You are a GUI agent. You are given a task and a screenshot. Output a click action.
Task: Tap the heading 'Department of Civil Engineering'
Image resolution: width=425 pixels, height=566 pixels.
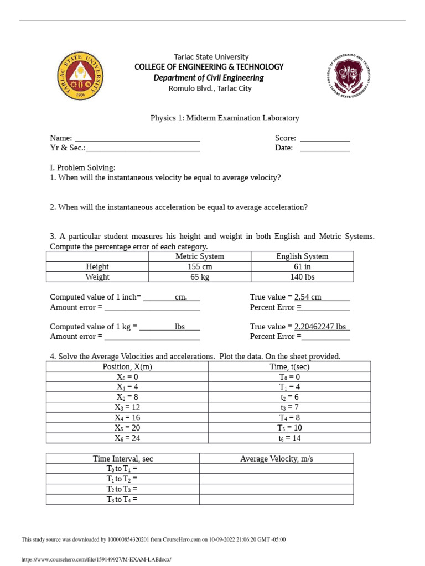[209, 78]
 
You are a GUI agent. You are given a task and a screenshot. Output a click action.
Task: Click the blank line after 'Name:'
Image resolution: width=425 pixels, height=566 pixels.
[137, 138]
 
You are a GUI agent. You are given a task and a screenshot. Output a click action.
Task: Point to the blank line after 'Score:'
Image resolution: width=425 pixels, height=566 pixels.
[324, 138]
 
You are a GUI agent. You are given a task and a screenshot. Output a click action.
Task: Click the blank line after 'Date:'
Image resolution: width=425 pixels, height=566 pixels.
[324, 148]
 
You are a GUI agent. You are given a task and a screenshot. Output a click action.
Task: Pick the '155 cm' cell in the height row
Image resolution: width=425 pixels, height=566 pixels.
[200, 266]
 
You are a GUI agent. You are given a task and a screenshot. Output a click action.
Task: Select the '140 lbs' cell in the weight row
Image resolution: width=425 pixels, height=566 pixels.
[302, 277]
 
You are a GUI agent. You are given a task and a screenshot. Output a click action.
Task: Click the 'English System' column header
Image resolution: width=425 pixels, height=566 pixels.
[302, 256]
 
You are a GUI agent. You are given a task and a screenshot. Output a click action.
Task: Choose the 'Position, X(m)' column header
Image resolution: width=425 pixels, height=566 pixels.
[127, 366]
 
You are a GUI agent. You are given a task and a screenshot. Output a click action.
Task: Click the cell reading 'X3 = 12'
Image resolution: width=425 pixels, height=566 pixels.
[127, 407]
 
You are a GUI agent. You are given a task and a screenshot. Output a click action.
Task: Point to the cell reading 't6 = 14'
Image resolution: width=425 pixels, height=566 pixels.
[289, 438]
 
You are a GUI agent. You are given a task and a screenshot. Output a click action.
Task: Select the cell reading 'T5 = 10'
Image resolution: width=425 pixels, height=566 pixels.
[289, 428]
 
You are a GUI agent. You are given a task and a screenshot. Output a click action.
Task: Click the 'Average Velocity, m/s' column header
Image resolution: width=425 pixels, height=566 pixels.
[276, 459]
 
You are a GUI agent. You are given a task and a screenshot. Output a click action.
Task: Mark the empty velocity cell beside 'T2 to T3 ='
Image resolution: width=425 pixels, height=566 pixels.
[276, 489]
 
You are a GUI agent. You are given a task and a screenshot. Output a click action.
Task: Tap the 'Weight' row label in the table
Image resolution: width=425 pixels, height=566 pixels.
[97, 277]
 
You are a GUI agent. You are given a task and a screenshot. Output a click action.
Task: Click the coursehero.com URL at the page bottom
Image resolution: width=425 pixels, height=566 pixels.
[96, 559]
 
